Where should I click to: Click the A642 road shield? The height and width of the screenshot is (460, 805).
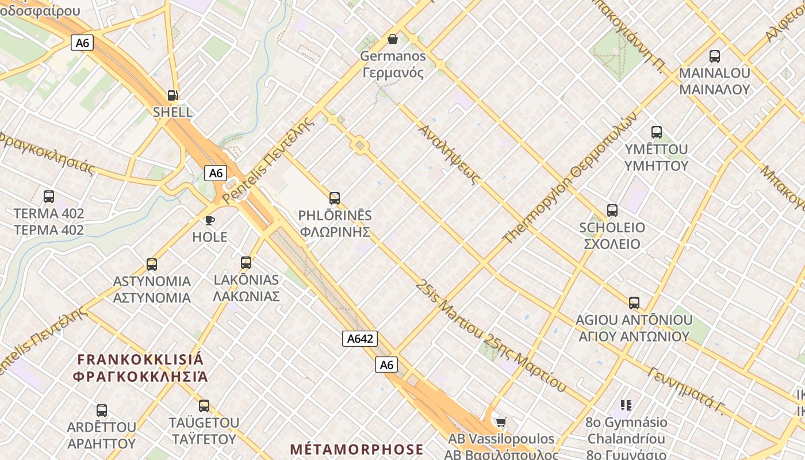click(x=361, y=339)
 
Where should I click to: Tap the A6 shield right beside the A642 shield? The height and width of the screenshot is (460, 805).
click(x=386, y=365)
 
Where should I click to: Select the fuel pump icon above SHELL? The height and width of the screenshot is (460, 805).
click(x=172, y=95)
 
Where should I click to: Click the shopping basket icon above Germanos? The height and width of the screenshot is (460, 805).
click(x=393, y=39)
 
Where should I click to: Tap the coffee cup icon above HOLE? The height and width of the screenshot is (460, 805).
click(x=209, y=220)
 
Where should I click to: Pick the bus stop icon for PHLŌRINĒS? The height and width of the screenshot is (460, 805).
click(x=335, y=198)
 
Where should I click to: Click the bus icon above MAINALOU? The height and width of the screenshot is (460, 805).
click(x=714, y=56)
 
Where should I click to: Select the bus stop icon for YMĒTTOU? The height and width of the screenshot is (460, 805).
click(x=656, y=132)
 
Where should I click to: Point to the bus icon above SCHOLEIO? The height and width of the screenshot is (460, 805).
click(x=612, y=210)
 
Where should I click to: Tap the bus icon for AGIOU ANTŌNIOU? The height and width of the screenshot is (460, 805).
click(x=634, y=302)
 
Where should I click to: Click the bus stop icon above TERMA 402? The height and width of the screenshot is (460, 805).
click(x=49, y=197)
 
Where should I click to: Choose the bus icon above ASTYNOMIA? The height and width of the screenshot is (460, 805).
click(x=151, y=264)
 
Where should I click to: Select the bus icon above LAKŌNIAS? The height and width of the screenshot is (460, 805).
click(x=246, y=263)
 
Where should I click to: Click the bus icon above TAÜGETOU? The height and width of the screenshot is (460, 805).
click(x=204, y=405)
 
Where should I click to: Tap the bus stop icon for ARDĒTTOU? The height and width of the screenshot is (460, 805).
click(x=102, y=410)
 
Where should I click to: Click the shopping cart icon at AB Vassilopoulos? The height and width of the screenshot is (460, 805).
click(x=501, y=423)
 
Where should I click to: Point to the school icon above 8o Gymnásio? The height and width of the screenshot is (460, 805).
click(x=626, y=405)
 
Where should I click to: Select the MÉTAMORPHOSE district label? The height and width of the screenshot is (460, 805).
click(x=356, y=449)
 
